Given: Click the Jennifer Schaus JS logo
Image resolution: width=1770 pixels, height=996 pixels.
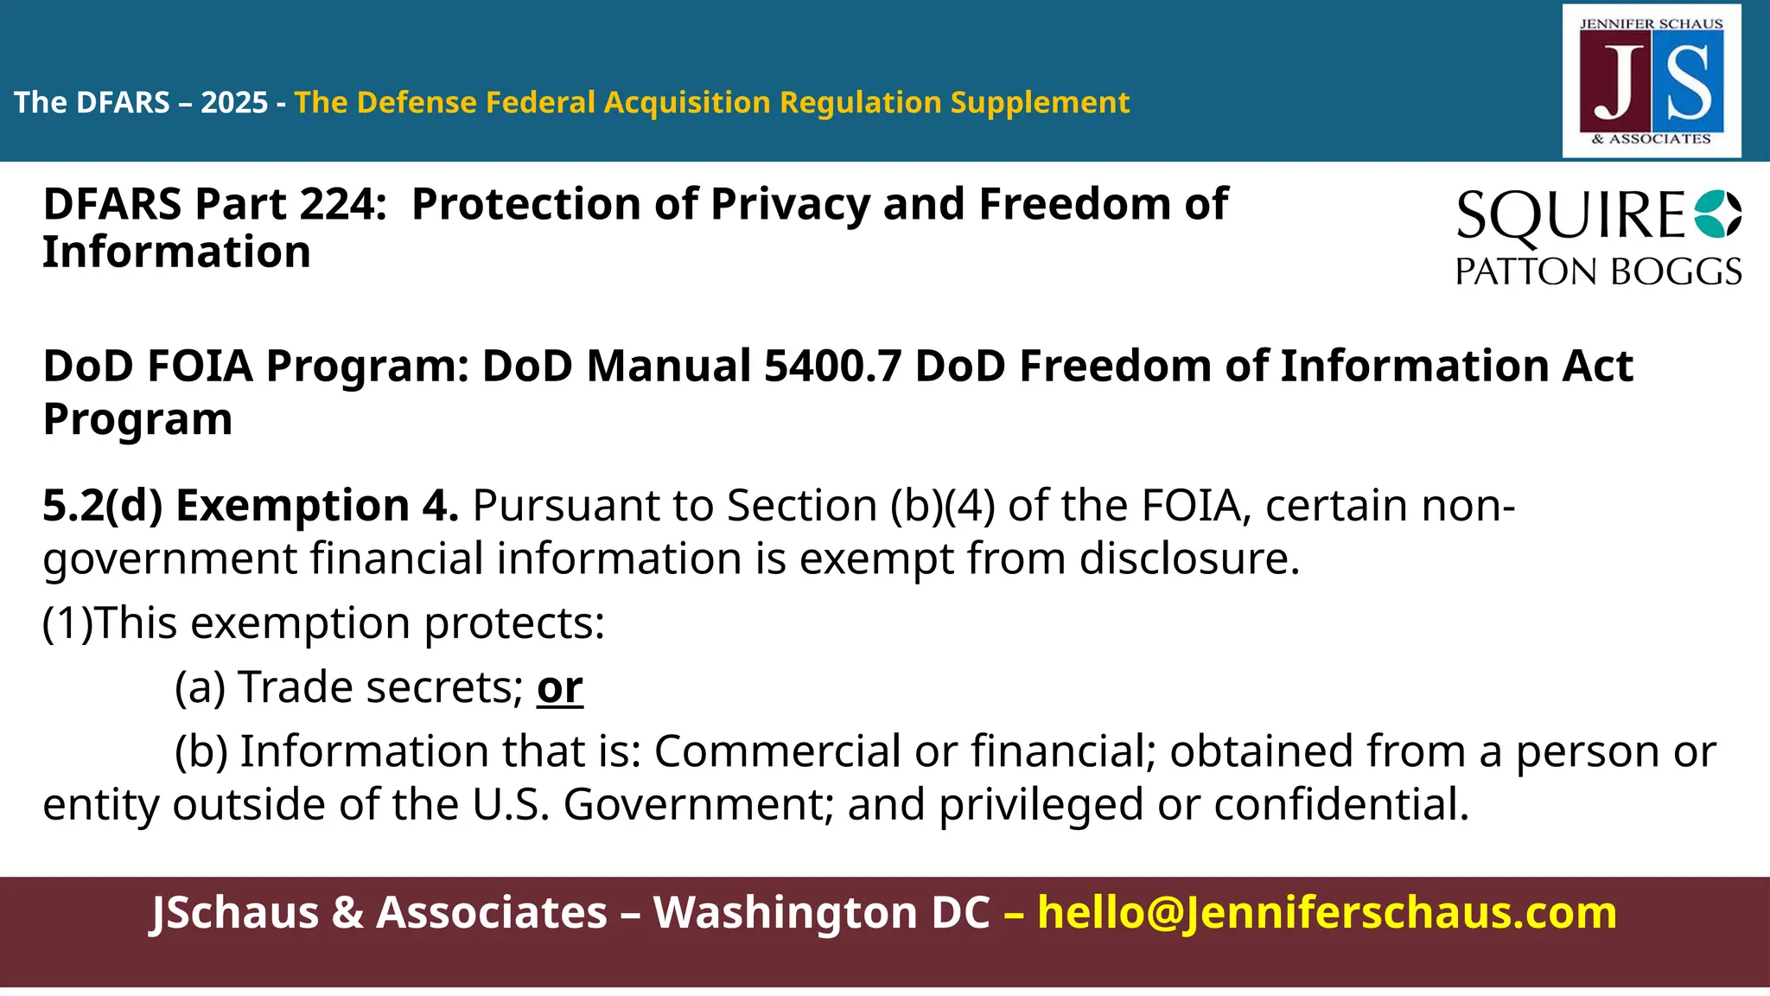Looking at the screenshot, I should coord(1652,81).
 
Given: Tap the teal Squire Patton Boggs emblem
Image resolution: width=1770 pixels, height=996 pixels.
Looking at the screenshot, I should coord(1717,214).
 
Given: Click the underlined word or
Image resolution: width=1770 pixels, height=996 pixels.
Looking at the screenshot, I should coord(559,688).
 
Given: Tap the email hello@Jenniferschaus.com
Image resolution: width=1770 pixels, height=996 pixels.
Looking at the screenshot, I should coord(1327,913).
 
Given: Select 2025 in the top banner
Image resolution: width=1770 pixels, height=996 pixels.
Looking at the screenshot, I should coord(234,103).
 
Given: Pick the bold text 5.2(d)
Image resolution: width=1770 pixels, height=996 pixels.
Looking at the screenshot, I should coord(103,506).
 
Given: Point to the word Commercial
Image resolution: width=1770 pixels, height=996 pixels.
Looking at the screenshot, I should coord(778,751).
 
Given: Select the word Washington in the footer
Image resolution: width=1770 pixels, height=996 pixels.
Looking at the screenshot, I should coord(821,913).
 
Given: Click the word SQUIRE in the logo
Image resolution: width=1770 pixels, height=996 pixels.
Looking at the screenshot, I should coord(1570,216).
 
